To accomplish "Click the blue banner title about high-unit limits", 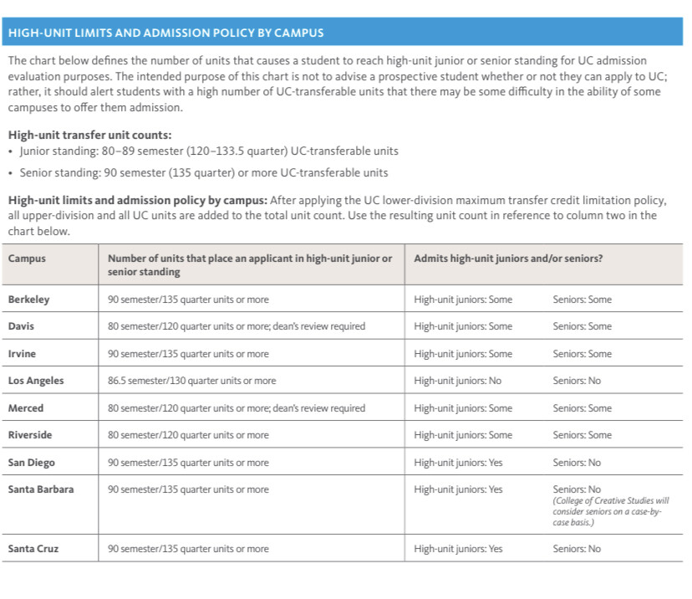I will [x=165, y=33].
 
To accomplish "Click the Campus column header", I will [x=27, y=259].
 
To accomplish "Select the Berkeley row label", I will [x=28, y=299].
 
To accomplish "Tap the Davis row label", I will [x=21, y=326].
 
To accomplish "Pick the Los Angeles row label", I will [x=36, y=381].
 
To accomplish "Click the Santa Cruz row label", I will [x=33, y=549].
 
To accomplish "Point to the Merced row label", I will [x=26, y=408].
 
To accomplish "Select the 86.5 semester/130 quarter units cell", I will [x=191, y=381].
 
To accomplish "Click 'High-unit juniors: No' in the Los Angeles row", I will [x=457, y=381].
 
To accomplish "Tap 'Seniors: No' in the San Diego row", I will [x=576, y=463].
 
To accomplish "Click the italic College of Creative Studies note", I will [x=611, y=511].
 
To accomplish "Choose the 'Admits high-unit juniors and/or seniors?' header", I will [x=508, y=259].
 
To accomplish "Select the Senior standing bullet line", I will [x=201, y=173].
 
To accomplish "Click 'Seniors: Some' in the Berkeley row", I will [x=582, y=299].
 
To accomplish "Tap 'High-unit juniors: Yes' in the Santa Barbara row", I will [x=458, y=489].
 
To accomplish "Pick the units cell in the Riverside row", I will [x=188, y=435].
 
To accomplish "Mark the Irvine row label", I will [x=22, y=354].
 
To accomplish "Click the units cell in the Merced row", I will [x=237, y=408].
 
